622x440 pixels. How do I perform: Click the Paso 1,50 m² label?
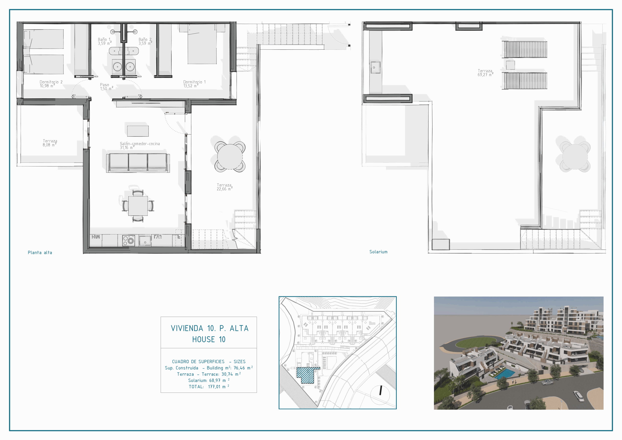pyautogui.click(x=106, y=87)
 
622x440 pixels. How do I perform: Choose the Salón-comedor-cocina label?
pyautogui.click(x=140, y=144)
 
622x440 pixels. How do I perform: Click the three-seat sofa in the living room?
pyautogui.click(x=138, y=163)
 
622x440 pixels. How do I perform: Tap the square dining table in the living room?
pyautogui.click(x=138, y=205)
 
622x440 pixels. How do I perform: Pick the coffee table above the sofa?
pyautogui.click(x=138, y=131)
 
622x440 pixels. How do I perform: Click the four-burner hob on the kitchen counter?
pyautogui.click(x=129, y=240)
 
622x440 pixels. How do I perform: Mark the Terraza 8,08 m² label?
pyautogui.click(x=50, y=143)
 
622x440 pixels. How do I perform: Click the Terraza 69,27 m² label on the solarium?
pyautogui.click(x=485, y=73)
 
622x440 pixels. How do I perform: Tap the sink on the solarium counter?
pyautogui.click(x=375, y=68)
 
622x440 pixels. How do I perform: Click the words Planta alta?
pyautogui.click(x=40, y=252)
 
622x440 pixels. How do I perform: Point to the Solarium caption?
pyautogui.click(x=378, y=252)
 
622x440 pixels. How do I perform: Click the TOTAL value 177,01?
pyautogui.click(x=214, y=387)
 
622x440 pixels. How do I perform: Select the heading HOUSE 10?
pyautogui.click(x=209, y=339)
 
